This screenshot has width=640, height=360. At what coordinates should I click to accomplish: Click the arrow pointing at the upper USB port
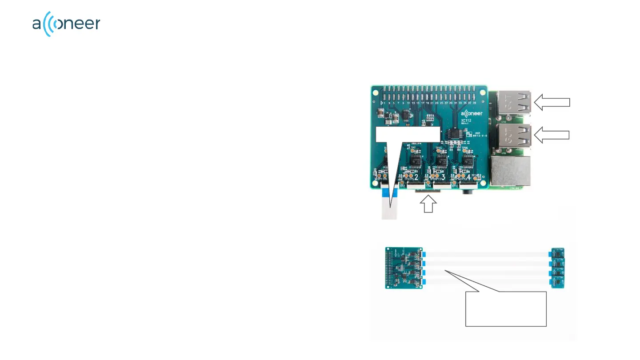[552, 102]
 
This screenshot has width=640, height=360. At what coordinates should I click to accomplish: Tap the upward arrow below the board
[428, 205]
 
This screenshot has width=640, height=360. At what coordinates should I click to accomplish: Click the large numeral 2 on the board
[416, 177]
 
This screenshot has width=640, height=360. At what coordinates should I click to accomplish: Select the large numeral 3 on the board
[444, 177]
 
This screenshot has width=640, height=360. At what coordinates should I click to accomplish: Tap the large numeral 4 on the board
[469, 178]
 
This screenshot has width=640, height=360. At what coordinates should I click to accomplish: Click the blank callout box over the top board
[408, 134]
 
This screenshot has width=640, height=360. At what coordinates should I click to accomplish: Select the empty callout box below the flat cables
[505, 309]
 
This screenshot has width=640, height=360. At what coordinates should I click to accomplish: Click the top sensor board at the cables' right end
[558, 253]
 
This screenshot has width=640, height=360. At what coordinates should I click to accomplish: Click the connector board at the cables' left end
[403, 268]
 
